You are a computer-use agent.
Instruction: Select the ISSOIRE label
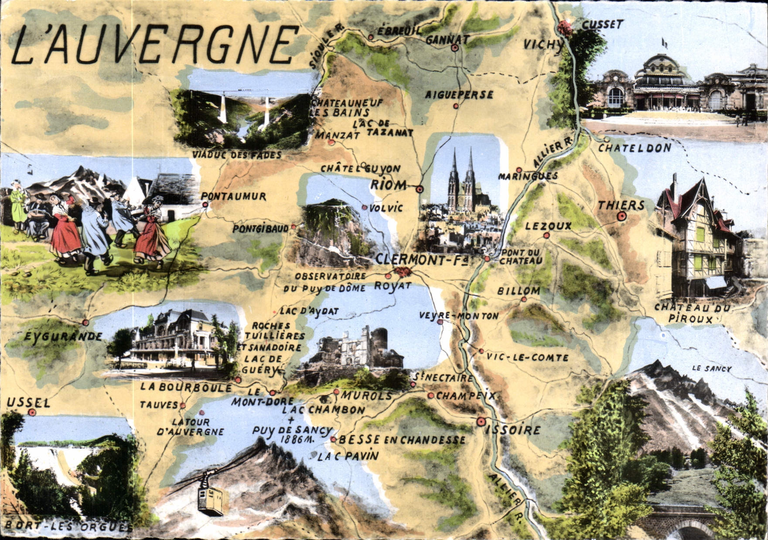click(x=513, y=431)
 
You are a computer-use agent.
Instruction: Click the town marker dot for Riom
click(x=420, y=189)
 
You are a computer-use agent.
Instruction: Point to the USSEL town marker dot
click(x=31, y=412)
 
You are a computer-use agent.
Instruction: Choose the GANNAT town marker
click(x=455, y=48)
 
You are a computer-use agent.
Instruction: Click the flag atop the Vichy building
click(x=663, y=43)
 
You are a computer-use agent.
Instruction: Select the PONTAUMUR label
click(x=234, y=196)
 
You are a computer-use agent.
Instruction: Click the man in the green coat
click(x=17, y=207)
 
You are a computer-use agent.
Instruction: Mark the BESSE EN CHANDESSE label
click(x=402, y=440)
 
